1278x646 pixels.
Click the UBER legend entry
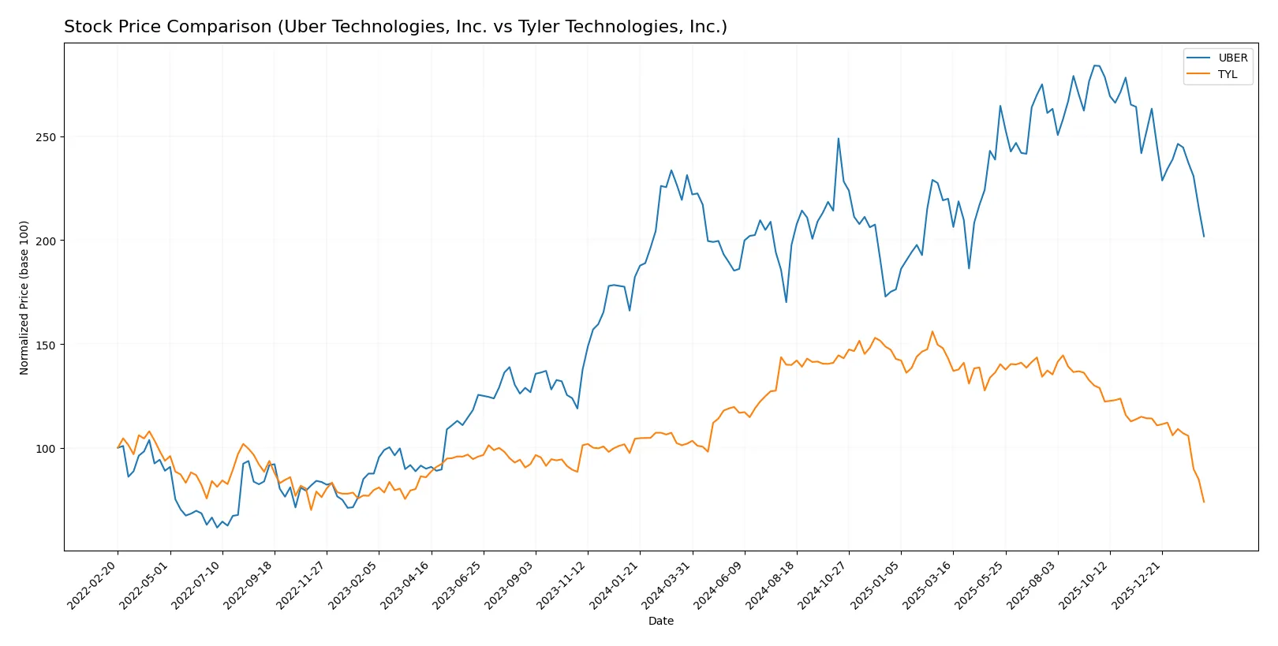coord(1232,58)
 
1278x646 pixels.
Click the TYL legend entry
coord(1228,74)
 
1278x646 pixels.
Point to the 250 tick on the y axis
coord(46,137)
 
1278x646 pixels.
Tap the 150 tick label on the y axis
coord(46,345)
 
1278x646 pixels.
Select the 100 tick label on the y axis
coord(46,449)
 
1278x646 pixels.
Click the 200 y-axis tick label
coord(46,241)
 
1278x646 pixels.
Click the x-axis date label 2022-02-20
coord(94,584)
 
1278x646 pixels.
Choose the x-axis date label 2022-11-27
coord(302,584)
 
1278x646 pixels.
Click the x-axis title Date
coord(660,621)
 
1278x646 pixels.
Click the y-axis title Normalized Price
coord(24,297)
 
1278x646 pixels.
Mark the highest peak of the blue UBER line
coord(1095,65)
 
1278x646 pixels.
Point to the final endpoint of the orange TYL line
coord(1204,502)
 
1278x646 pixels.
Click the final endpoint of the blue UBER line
coord(1204,236)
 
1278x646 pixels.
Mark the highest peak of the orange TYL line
coord(932,331)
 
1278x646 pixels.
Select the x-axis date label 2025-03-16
coord(929,584)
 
